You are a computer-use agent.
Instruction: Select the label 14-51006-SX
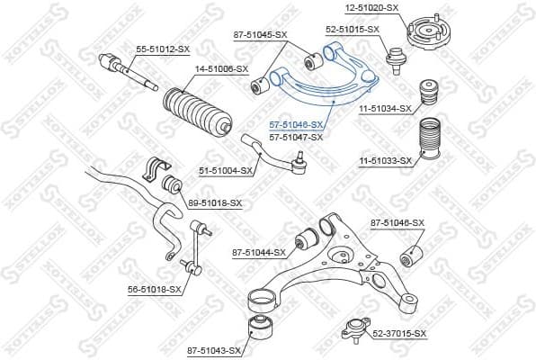(222, 69)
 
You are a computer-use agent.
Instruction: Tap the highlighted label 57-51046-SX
(296, 125)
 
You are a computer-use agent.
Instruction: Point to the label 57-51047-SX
(296, 137)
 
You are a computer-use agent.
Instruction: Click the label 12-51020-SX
(372, 7)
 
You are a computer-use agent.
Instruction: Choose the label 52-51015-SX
(352, 30)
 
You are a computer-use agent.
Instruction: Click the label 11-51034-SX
(387, 108)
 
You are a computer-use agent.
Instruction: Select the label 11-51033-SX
(387, 161)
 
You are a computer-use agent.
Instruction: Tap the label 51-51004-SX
(224, 170)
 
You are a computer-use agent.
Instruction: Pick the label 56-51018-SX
(155, 290)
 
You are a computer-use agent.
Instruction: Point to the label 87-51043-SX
(214, 349)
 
